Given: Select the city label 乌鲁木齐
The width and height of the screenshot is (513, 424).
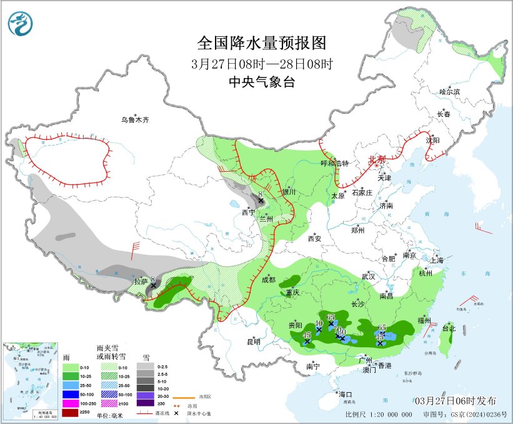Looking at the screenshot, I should (136, 120).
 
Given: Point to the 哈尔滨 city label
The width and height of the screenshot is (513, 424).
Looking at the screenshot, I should (449, 92).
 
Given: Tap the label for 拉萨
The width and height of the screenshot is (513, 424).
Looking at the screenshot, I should (141, 282).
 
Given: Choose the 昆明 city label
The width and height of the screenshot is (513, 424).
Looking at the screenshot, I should (253, 342).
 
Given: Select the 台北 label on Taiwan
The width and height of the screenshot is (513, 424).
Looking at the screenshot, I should (449, 328).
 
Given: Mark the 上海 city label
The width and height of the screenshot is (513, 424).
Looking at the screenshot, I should (437, 260).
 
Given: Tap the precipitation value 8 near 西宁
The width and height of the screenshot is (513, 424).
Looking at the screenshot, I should (260, 194).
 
